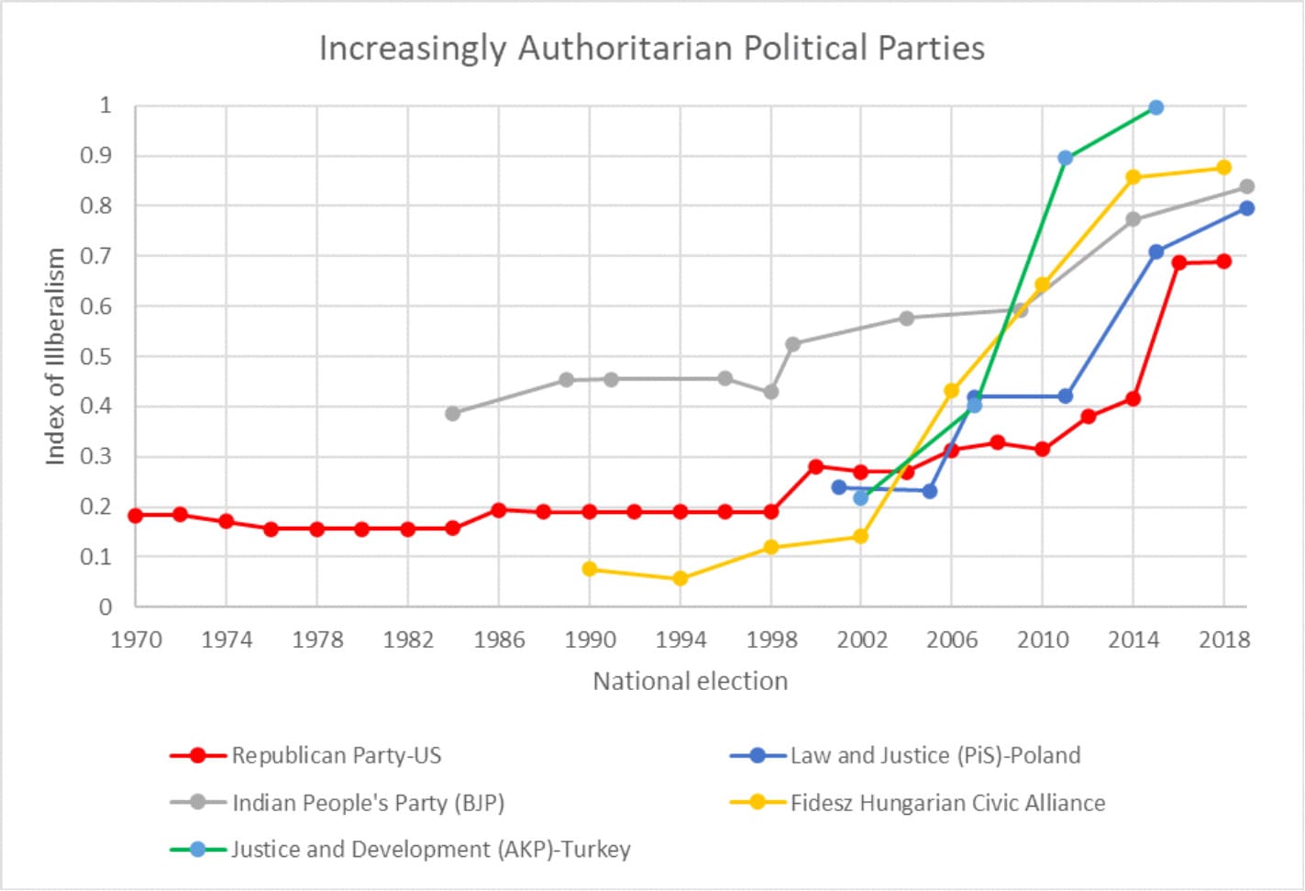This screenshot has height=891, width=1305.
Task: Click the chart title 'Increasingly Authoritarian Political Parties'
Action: coord(651,48)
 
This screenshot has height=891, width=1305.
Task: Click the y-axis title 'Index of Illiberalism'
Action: coord(56,356)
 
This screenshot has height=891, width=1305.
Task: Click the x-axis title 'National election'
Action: coord(690,681)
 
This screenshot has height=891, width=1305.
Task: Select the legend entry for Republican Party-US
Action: coord(336,755)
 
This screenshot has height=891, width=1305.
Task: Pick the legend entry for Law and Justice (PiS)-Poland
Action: coord(935,755)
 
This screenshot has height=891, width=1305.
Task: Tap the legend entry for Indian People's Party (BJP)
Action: coord(367,803)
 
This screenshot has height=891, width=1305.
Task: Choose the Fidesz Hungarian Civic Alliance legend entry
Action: coord(947,803)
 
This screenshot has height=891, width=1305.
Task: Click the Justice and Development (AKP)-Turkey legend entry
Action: coord(430,849)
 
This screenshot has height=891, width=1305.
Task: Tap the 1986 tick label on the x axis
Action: coord(499,640)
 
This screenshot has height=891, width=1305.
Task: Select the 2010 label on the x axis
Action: coord(1042,640)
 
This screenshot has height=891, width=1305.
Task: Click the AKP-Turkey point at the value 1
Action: coord(1156,107)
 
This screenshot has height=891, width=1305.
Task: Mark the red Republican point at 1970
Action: coord(136,516)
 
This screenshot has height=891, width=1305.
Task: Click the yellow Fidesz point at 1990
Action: coord(589,569)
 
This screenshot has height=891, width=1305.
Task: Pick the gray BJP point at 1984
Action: coord(452,414)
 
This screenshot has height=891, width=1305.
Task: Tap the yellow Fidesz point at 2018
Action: coord(1223,167)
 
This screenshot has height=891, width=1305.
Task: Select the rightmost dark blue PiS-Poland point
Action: coord(1246,208)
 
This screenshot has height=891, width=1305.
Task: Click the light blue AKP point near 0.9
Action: coord(1065,158)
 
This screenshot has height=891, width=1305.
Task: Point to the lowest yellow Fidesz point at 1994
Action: coord(680,578)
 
